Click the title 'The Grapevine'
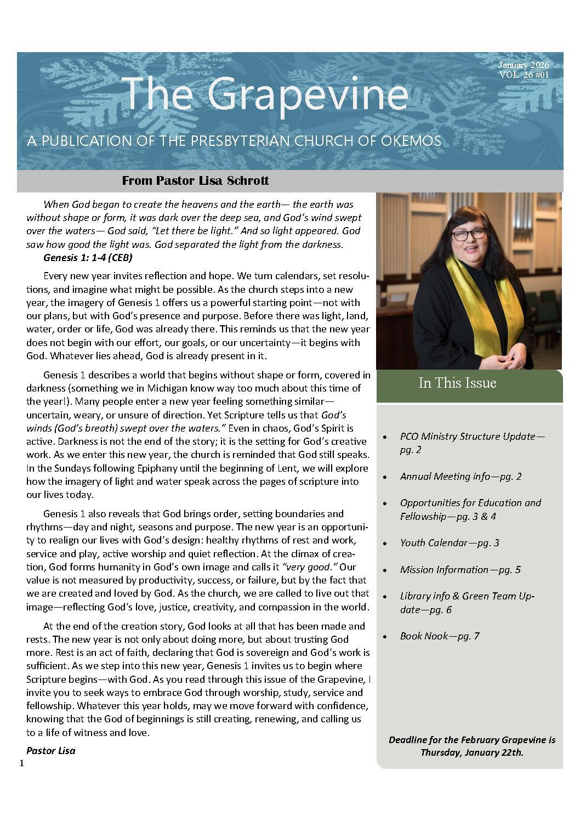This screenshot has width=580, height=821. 266,94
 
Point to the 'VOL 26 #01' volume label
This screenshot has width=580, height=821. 524,75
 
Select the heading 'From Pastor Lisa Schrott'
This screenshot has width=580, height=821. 195,180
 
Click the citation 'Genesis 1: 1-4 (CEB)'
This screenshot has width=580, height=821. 88,257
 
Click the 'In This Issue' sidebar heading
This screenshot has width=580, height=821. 457,383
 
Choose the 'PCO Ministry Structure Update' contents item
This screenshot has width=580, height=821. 472,437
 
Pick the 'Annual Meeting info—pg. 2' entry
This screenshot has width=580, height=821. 460,476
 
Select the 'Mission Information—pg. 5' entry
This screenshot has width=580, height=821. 460,569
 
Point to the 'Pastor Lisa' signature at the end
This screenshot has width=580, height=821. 50,751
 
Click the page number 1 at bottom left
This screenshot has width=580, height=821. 21,764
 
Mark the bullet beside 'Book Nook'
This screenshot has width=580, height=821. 386,637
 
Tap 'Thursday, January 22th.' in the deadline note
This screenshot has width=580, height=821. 471,752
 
